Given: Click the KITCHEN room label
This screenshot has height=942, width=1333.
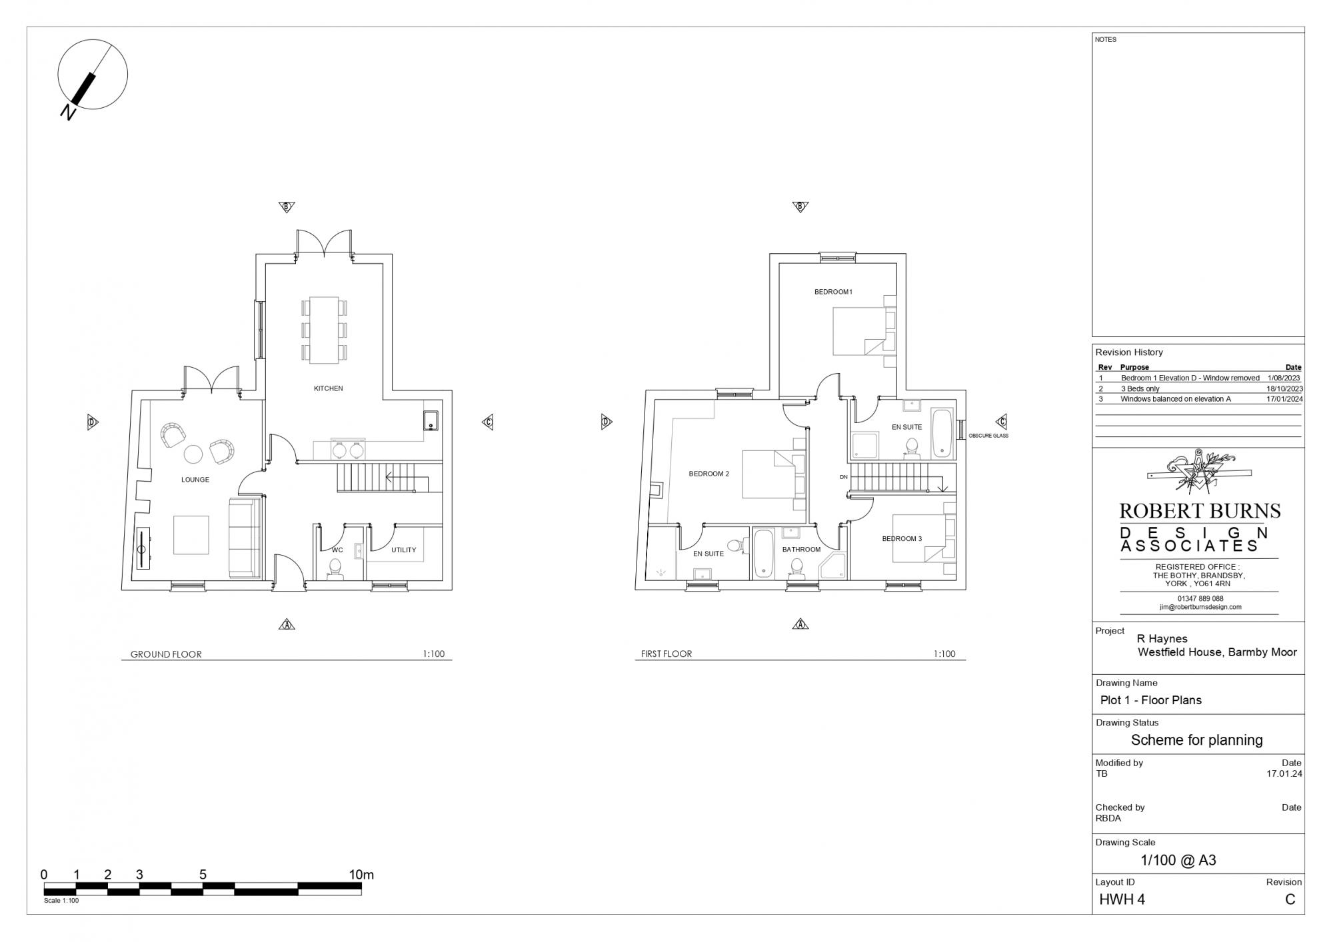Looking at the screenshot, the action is pyautogui.click(x=329, y=388).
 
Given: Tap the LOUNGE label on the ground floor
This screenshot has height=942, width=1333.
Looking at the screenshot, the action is pyautogui.click(x=195, y=480).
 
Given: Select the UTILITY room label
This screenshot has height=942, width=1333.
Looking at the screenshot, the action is pyautogui.click(x=404, y=550).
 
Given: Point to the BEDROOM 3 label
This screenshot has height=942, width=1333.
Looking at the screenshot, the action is pyautogui.click(x=902, y=539).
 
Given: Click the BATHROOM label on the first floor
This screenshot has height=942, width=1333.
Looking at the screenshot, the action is pyautogui.click(x=801, y=550).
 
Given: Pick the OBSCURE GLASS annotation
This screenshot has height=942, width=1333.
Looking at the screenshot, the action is pyautogui.click(x=988, y=436).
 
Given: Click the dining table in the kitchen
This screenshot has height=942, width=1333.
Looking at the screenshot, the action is pyautogui.click(x=324, y=330).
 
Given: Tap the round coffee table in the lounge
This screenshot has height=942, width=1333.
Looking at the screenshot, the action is pyautogui.click(x=193, y=454).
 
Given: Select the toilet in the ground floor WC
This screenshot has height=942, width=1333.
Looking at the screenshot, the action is pyautogui.click(x=335, y=570).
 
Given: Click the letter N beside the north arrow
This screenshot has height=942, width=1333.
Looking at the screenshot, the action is pyautogui.click(x=68, y=112).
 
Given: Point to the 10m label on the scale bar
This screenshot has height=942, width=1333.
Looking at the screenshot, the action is pyautogui.click(x=361, y=875).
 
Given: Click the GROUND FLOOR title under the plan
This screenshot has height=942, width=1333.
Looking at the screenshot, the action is pyautogui.click(x=166, y=654).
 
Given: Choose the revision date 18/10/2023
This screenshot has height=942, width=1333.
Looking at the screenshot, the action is pyautogui.click(x=1284, y=388).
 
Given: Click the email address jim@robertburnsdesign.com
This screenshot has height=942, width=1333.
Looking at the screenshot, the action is pyautogui.click(x=1200, y=607).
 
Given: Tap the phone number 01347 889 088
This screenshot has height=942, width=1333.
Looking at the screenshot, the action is pyautogui.click(x=1200, y=599).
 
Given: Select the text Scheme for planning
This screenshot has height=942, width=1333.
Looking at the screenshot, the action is pyautogui.click(x=1197, y=740).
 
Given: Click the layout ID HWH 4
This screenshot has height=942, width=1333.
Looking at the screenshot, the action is pyautogui.click(x=1122, y=899).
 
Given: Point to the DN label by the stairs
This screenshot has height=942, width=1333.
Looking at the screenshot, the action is pyautogui.click(x=844, y=477).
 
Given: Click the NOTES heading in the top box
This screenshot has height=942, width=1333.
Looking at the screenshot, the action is pyautogui.click(x=1106, y=40).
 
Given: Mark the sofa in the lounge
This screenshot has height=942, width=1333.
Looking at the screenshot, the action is pyautogui.click(x=245, y=538).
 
